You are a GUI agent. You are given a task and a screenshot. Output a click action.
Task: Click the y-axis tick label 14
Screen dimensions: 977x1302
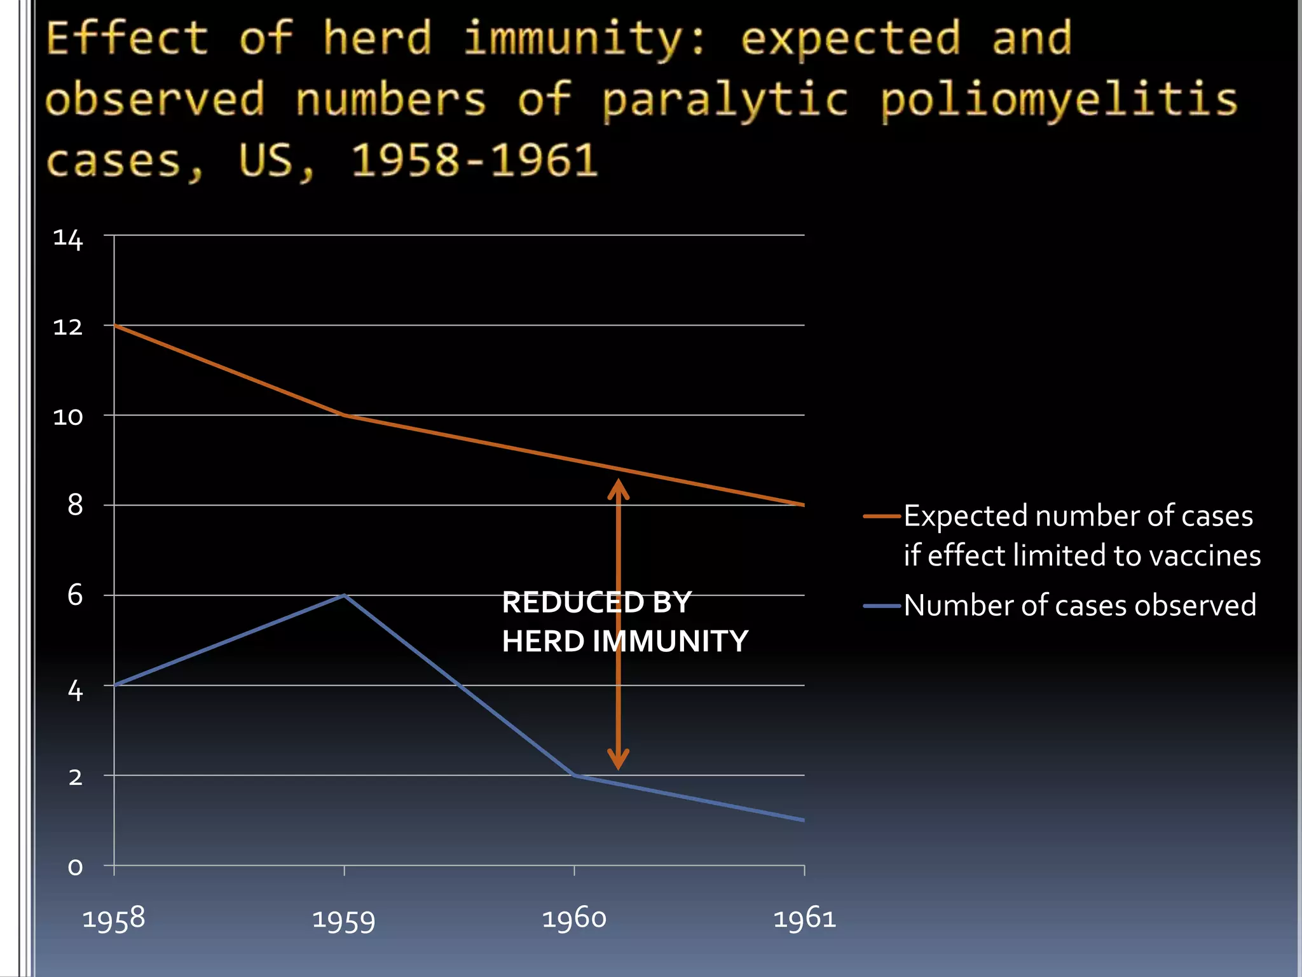[68, 240]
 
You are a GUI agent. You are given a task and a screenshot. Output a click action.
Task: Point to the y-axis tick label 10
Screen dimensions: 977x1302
[68, 417]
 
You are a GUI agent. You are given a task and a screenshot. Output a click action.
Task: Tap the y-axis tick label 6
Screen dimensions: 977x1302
[75, 596]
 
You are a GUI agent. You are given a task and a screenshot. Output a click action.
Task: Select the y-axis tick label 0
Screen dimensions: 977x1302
[75, 867]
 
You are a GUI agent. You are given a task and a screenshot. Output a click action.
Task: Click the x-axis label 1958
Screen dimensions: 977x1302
[114, 919]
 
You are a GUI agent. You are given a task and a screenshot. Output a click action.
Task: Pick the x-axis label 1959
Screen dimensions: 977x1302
[344, 920]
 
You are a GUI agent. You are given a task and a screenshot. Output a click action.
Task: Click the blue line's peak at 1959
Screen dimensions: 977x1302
[344, 595]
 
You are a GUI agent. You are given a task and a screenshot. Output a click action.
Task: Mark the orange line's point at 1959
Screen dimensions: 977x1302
[344, 415]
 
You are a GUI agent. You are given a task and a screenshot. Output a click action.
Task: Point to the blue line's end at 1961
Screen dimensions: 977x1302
[804, 820]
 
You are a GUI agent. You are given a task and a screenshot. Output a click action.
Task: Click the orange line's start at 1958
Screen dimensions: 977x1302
[115, 326]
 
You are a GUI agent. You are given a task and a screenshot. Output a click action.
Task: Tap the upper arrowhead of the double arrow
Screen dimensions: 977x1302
[618, 487]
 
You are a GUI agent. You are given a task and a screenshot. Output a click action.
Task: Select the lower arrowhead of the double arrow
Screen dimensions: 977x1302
[618, 761]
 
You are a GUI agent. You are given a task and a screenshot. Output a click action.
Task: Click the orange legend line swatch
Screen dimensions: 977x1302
[882, 516]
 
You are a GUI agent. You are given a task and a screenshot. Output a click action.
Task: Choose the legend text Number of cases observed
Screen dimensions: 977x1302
[1079, 605]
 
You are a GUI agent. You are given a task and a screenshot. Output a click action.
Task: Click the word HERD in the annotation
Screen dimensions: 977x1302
[543, 641]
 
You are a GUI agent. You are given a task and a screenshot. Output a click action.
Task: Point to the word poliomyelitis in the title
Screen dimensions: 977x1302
[1059, 100]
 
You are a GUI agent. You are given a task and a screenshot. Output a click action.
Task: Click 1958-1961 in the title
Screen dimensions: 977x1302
[474, 160]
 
